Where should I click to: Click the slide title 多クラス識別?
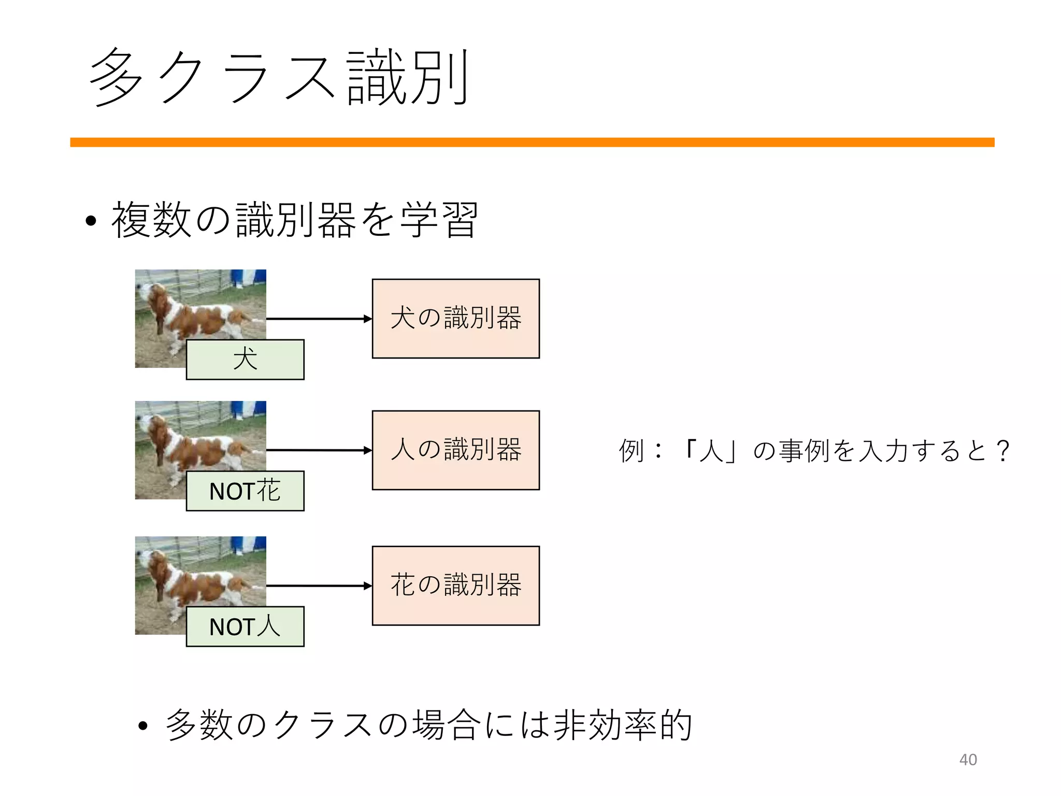point(280,78)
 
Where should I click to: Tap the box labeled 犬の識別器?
point(455,318)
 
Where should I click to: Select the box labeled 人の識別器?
point(455,450)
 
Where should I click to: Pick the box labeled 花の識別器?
point(455,585)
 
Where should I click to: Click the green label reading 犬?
point(245,359)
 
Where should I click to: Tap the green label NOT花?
point(245,491)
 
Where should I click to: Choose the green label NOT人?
point(245,627)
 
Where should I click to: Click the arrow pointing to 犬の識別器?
point(319,319)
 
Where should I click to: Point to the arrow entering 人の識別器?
point(319,450)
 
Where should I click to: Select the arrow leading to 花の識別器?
point(319,586)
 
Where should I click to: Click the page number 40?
point(968,760)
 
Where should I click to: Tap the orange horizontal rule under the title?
point(532,143)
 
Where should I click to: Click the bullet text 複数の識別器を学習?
point(294,220)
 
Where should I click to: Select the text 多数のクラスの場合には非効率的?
point(429,725)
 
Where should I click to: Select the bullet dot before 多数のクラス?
point(144,726)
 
